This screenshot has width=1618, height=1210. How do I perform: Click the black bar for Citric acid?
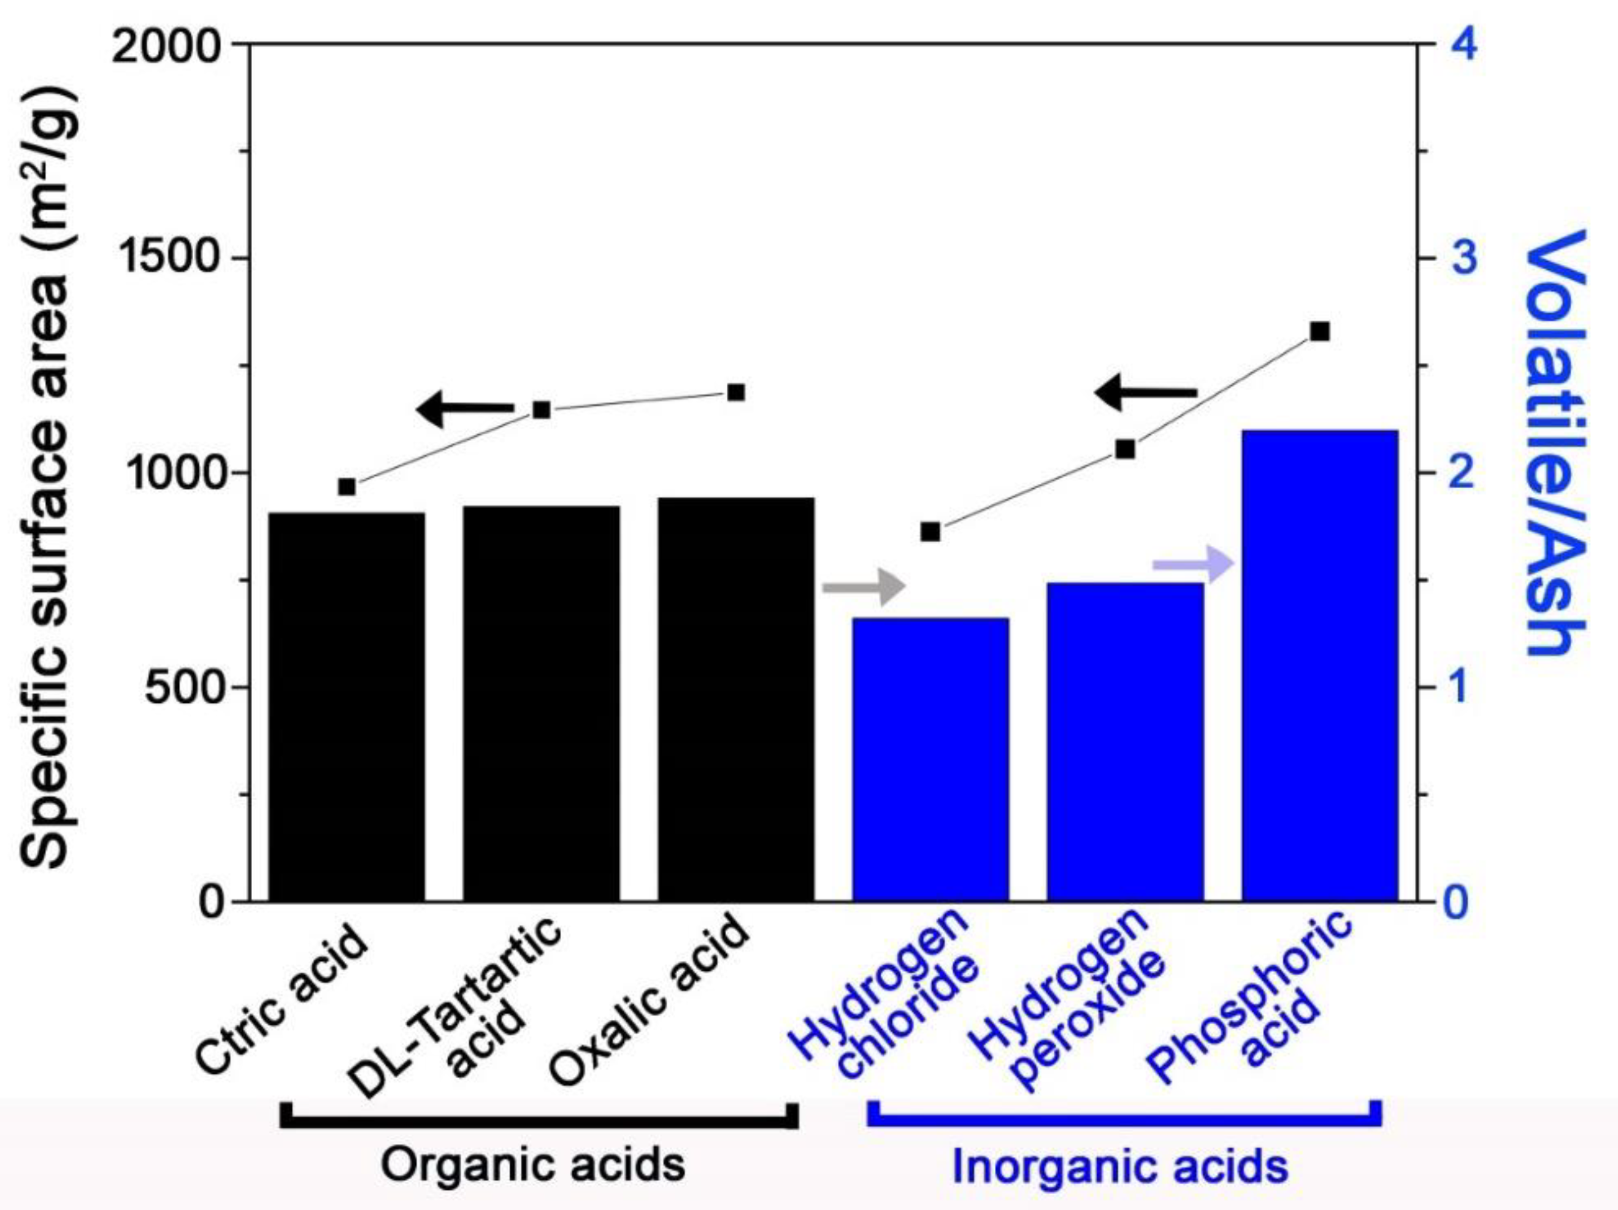(347, 706)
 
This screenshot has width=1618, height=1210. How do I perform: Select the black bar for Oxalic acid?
(736, 699)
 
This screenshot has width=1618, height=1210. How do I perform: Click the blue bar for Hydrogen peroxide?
(1125, 742)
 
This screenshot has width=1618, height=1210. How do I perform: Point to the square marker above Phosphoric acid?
(1319, 331)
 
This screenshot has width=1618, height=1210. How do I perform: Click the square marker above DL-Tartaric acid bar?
(542, 410)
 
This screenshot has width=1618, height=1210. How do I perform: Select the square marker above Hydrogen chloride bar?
(930, 532)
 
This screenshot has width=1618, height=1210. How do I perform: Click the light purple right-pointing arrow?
(1193, 564)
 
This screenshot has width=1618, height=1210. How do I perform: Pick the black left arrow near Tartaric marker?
(465, 409)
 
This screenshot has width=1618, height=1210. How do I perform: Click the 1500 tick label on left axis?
(167, 258)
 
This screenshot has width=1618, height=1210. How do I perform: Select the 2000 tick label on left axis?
(167, 45)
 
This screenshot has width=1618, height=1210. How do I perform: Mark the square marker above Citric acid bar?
(347, 487)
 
